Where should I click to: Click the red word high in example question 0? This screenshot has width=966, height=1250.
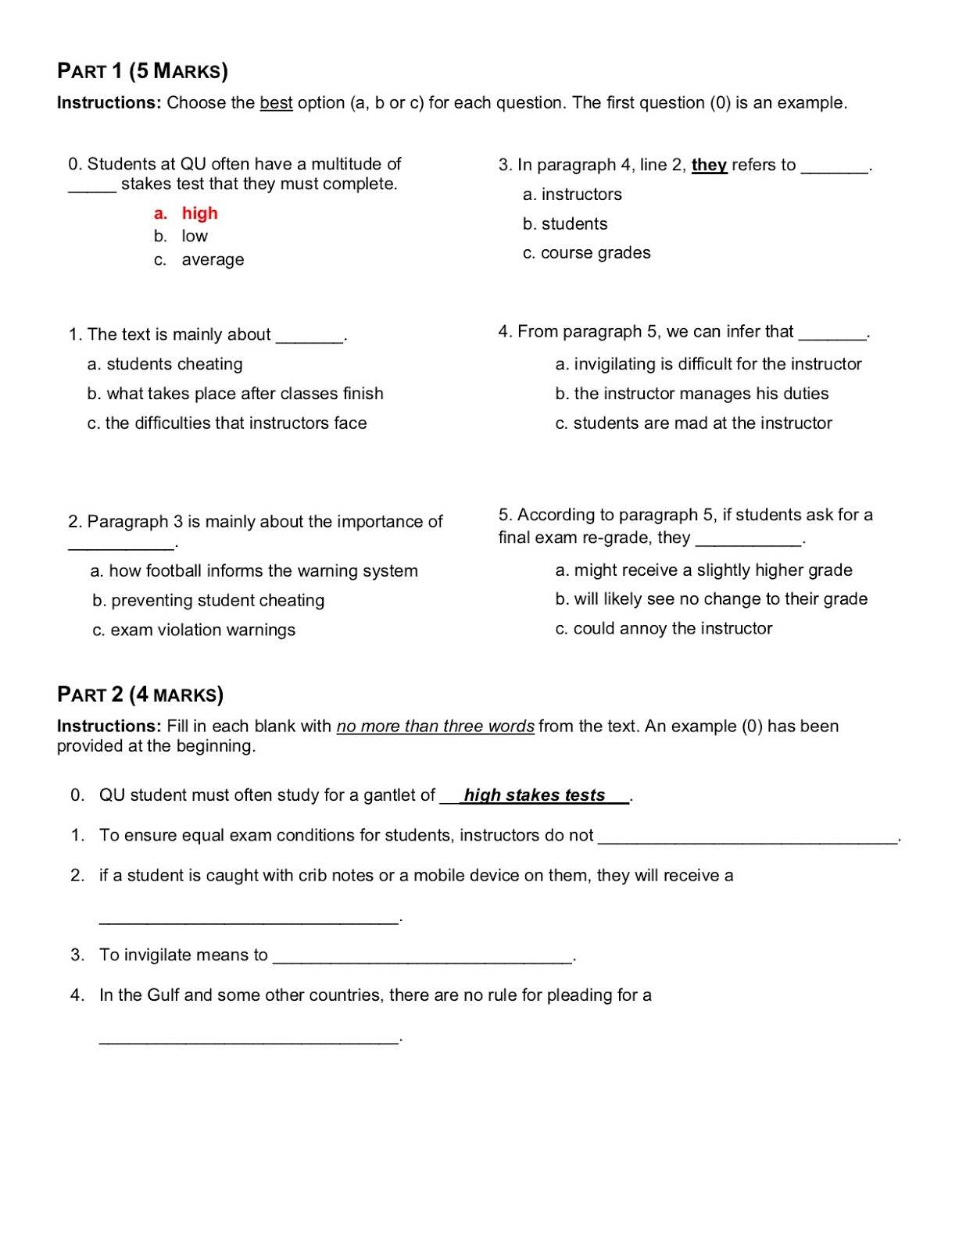click(x=199, y=213)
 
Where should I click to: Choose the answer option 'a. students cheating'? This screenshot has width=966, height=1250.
click(x=165, y=364)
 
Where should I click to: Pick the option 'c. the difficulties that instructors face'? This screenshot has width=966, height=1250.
click(x=227, y=423)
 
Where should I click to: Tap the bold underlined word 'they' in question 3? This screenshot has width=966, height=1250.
click(x=709, y=165)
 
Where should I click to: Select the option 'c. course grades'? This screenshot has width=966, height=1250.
click(x=586, y=253)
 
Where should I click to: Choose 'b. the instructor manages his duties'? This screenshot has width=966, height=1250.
click(x=692, y=394)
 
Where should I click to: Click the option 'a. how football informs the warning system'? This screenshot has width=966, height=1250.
click(x=254, y=571)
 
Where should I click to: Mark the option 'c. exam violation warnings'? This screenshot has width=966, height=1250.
click(x=194, y=630)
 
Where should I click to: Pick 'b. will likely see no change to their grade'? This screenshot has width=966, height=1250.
click(x=711, y=599)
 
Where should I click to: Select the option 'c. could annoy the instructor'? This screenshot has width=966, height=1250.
click(x=664, y=629)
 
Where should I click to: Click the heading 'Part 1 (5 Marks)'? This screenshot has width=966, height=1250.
click(x=142, y=71)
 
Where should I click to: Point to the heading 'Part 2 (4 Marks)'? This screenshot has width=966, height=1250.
click(x=140, y=695)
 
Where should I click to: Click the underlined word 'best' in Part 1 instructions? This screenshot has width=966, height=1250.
click(x=276, y=103)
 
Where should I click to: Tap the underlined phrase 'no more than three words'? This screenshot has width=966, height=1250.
click(x=435, y=727)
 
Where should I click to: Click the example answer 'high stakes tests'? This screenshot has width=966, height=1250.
click(x=535, y=795)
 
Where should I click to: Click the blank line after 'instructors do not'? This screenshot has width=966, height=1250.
click(x=748, y=837)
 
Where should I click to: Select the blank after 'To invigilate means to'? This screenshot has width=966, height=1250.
click(x=422, y=957)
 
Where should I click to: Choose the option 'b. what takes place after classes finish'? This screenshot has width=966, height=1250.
click(x=235, y=394)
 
